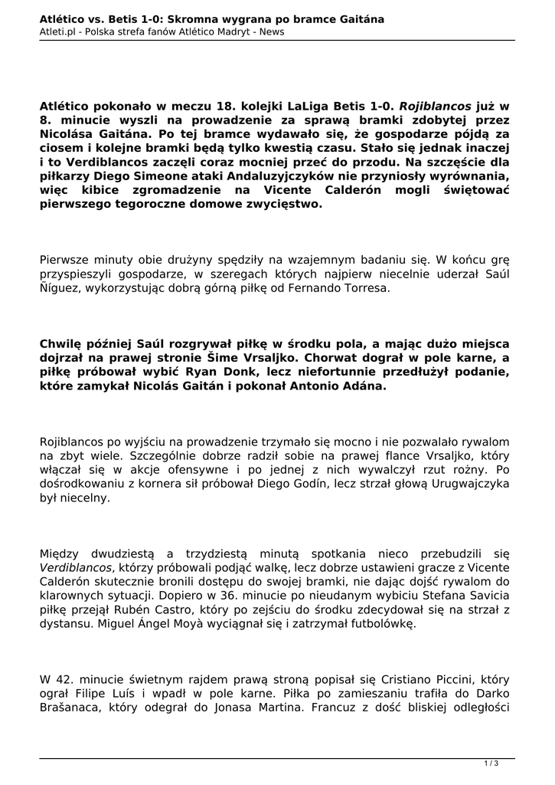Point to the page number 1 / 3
tap(491, 762)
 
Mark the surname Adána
tap(365, 386)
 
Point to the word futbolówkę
tap(378, 625)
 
